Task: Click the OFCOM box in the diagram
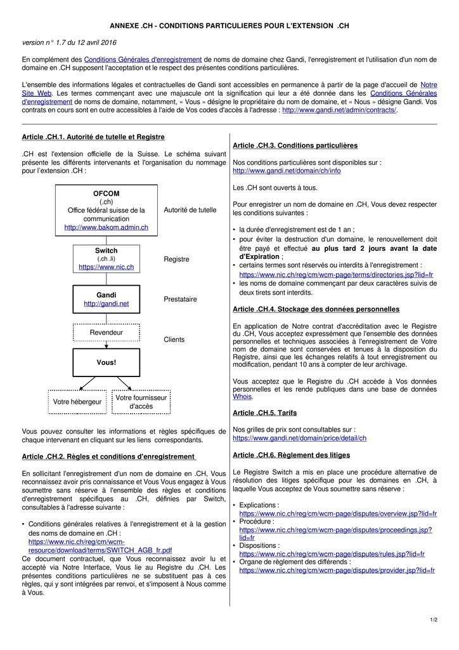[106, 209]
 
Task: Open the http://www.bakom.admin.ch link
[106, 227]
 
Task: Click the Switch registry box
[106, 258]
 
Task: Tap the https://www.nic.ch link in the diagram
[106, 267]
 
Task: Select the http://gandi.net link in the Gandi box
[106, 304]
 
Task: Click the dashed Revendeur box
[106, 332]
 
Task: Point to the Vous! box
[106, 362]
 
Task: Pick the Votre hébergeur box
[77, 402]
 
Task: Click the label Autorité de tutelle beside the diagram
[190, 210]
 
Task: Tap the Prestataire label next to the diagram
[180, 299]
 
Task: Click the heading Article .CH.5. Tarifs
[264, 413]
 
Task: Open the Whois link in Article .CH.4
[242, 397]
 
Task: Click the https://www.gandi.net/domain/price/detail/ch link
[299, 438]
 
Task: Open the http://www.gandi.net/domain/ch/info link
[287, 171]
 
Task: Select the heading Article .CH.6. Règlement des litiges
[291, 455]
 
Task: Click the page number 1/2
[433, 620]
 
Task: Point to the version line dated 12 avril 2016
[69, 43]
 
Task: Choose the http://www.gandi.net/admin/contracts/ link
[339, 110]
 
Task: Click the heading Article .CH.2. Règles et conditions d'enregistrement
[108, 456]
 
